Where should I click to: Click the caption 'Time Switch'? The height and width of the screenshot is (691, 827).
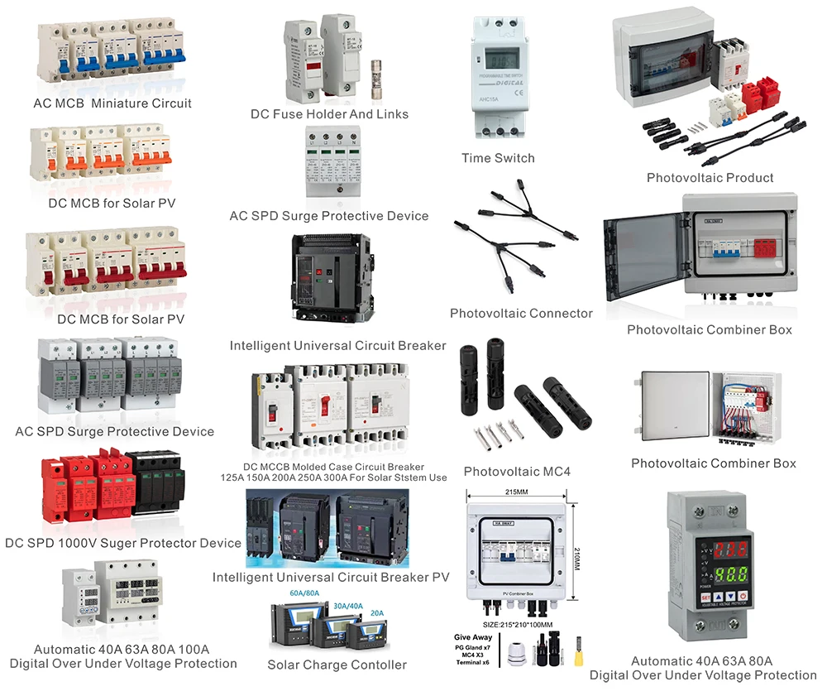click(x=498, y=158)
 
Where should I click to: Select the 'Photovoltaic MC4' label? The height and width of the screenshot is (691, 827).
click(x=517, y=472)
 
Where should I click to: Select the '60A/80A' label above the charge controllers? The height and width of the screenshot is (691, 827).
click(x=304, y=594)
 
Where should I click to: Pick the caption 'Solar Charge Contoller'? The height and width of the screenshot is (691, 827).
click(x=337, y=665)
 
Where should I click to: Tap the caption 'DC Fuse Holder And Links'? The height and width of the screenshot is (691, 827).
click(x=329, y=114)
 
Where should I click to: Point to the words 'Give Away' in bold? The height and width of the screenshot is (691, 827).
click(x=473, y=637)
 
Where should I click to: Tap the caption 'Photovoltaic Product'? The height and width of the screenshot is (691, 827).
click(x=710, y=178)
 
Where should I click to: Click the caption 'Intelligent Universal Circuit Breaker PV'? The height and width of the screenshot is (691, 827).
click(x=331, y=577)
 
